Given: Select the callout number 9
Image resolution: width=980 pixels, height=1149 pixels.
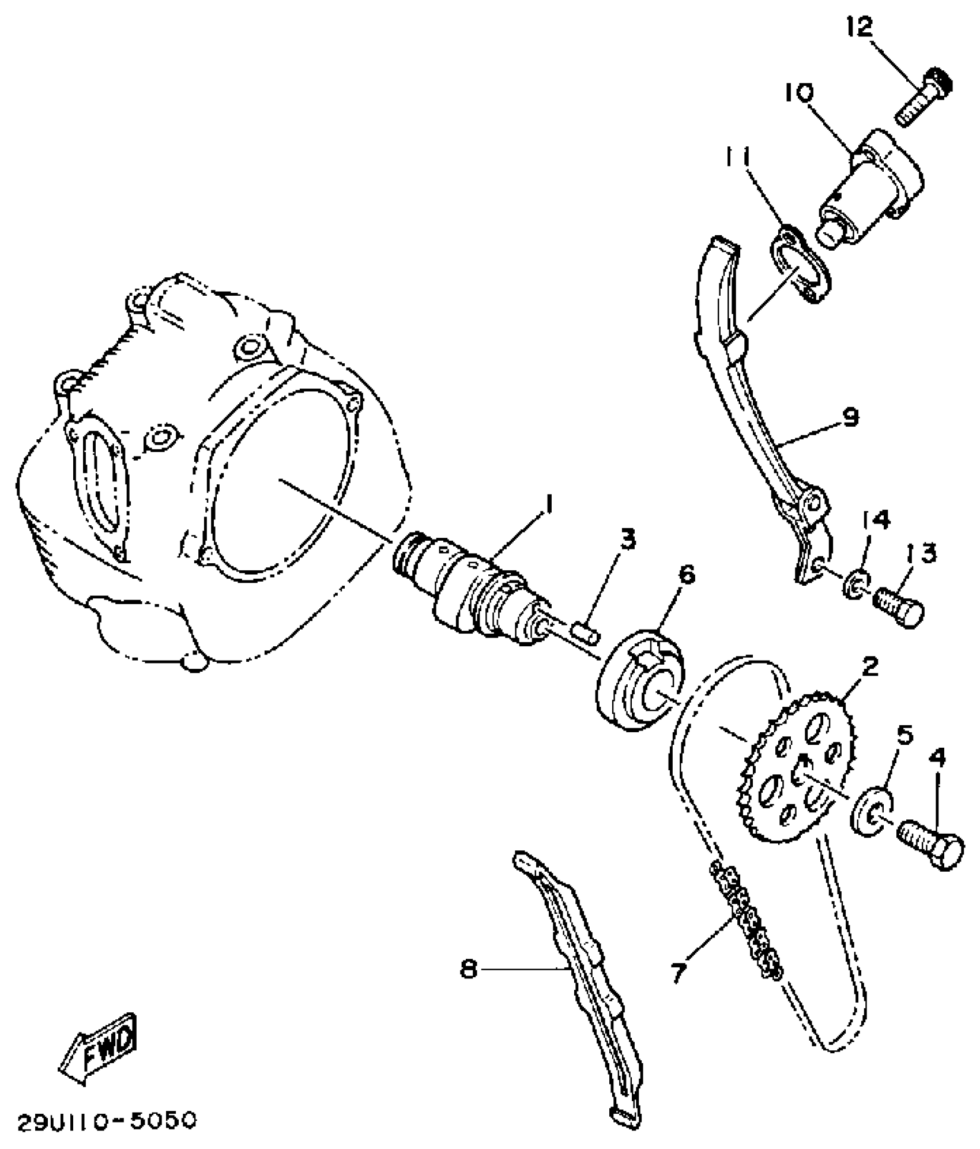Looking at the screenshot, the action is pos(850,416).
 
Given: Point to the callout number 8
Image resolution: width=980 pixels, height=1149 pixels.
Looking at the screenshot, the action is pos(469,969).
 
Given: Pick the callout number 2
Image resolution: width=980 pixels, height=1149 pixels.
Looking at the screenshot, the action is pos(870,666).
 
